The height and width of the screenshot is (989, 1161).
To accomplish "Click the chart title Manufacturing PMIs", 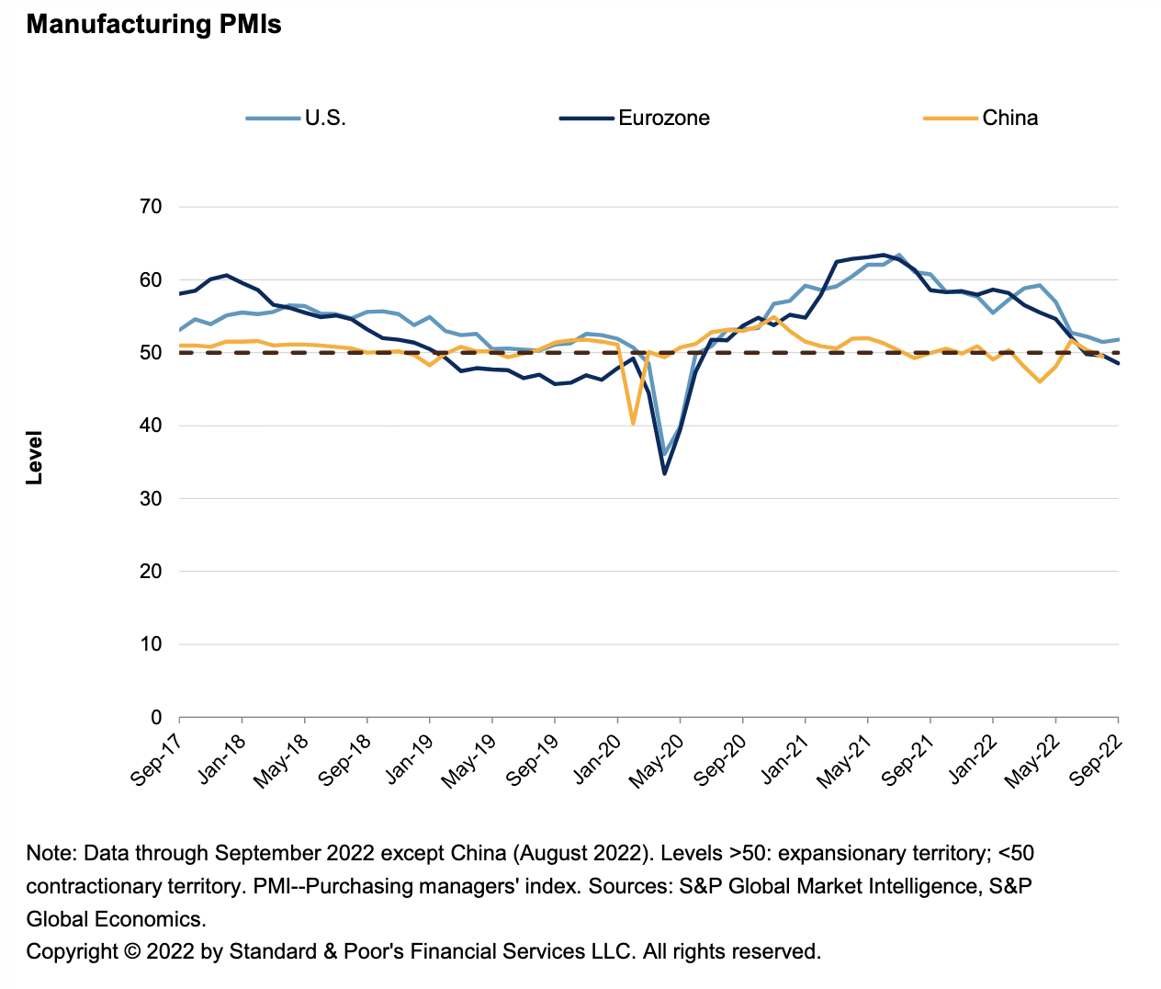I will point(153,25).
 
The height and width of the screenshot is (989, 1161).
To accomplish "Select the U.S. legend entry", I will point(325,118).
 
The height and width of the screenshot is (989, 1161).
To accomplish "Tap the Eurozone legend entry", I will point(663,118).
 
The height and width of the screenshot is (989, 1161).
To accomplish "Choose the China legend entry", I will point(1009,118).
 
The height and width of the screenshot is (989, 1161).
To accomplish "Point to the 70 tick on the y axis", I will point(152,207).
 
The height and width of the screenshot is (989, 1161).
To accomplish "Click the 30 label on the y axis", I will point(152,498).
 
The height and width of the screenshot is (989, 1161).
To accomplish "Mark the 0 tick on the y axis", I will point(156,717).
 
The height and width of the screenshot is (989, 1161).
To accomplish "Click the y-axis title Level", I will point(34,457).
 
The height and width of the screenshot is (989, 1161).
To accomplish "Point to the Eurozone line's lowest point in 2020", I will point(664,473).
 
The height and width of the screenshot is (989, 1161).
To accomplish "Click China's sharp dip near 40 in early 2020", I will point(633,423).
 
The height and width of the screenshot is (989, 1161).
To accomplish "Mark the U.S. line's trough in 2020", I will point(664,454).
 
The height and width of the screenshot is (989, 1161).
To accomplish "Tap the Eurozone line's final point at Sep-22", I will point(1118,363).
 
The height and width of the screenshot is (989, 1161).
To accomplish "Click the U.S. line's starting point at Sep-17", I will point(180,330).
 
